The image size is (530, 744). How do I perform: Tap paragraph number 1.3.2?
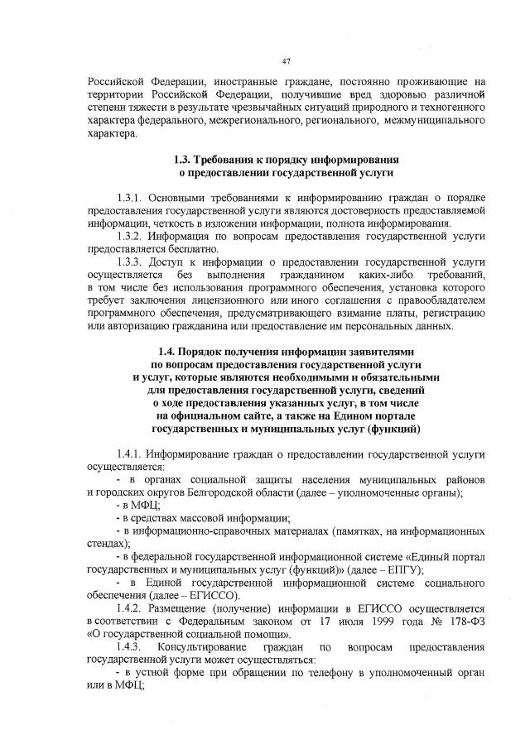133,236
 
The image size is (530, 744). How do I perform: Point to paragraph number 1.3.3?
133,262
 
